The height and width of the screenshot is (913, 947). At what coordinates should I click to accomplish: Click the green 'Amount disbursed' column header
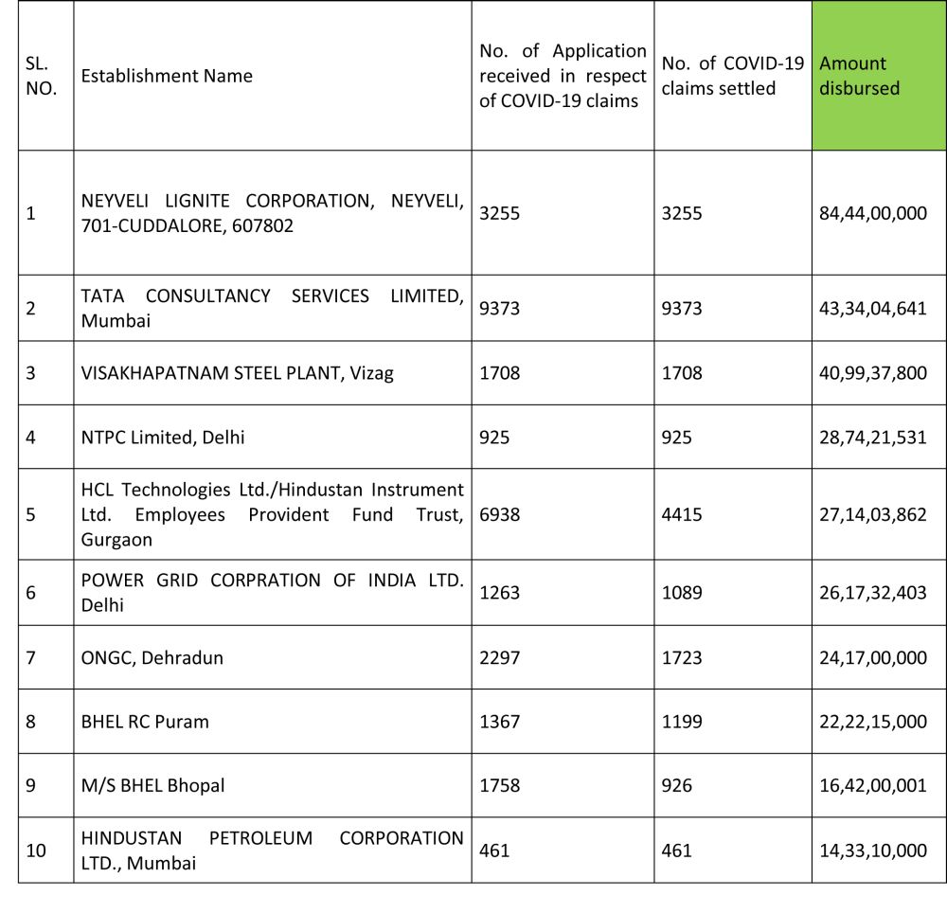pyautogui.click(x=878, y=76)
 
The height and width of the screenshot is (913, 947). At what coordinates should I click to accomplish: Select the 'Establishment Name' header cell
pyautogui.click(x=167, y=76)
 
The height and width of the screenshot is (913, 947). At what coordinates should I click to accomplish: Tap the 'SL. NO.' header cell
pyautogui.click(x=42, y=76)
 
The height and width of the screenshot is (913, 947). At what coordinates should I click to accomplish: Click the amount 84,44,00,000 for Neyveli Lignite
pyautogui.click(x=872, y=213)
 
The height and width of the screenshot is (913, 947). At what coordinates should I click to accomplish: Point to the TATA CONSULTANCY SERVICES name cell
pyautogui.click(x=272, y=308)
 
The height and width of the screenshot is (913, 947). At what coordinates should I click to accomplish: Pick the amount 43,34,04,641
pyautogui.click(x=872, y=308)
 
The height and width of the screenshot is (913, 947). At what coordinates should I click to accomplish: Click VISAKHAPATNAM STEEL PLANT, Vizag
pyautogui.click(x=237, y=372)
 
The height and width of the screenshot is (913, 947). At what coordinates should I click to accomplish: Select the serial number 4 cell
pyautogui.click(x=31, y=437)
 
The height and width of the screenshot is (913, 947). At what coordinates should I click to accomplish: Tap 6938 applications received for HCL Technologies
pyautogui.click(x=499, y=514)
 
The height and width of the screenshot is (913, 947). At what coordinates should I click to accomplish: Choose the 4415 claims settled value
pyautogui.click(x=682, y=514)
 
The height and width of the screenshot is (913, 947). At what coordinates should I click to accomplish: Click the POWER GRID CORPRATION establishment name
pyautogui.click(x=272, y=592)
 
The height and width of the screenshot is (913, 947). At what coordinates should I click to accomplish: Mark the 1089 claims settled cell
pyautogui.click(x=682, y=592)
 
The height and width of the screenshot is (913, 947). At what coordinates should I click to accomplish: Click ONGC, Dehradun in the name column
pyautogui.click(x=152, y=656)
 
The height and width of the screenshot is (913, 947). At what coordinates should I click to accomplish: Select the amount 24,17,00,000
pyautogui.click(x=872, y=656)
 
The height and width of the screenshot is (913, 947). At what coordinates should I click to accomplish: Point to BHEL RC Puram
pyautogui.click(x=145, y=721)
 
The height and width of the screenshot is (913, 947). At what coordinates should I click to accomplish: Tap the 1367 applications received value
pyautogui.click(x=499, y=721)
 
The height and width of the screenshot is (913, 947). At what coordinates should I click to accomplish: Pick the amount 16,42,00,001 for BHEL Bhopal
pyautogui.click(x=872, y=785)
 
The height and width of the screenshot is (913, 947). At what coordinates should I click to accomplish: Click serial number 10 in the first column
pyautogui.click(x=36, y=850)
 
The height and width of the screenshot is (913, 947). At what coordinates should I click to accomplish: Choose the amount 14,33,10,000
pyautogui.click(x=872, y=850)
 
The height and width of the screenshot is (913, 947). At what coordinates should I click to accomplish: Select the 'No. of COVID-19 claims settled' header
pyautogui.click(x=732, y=76)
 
